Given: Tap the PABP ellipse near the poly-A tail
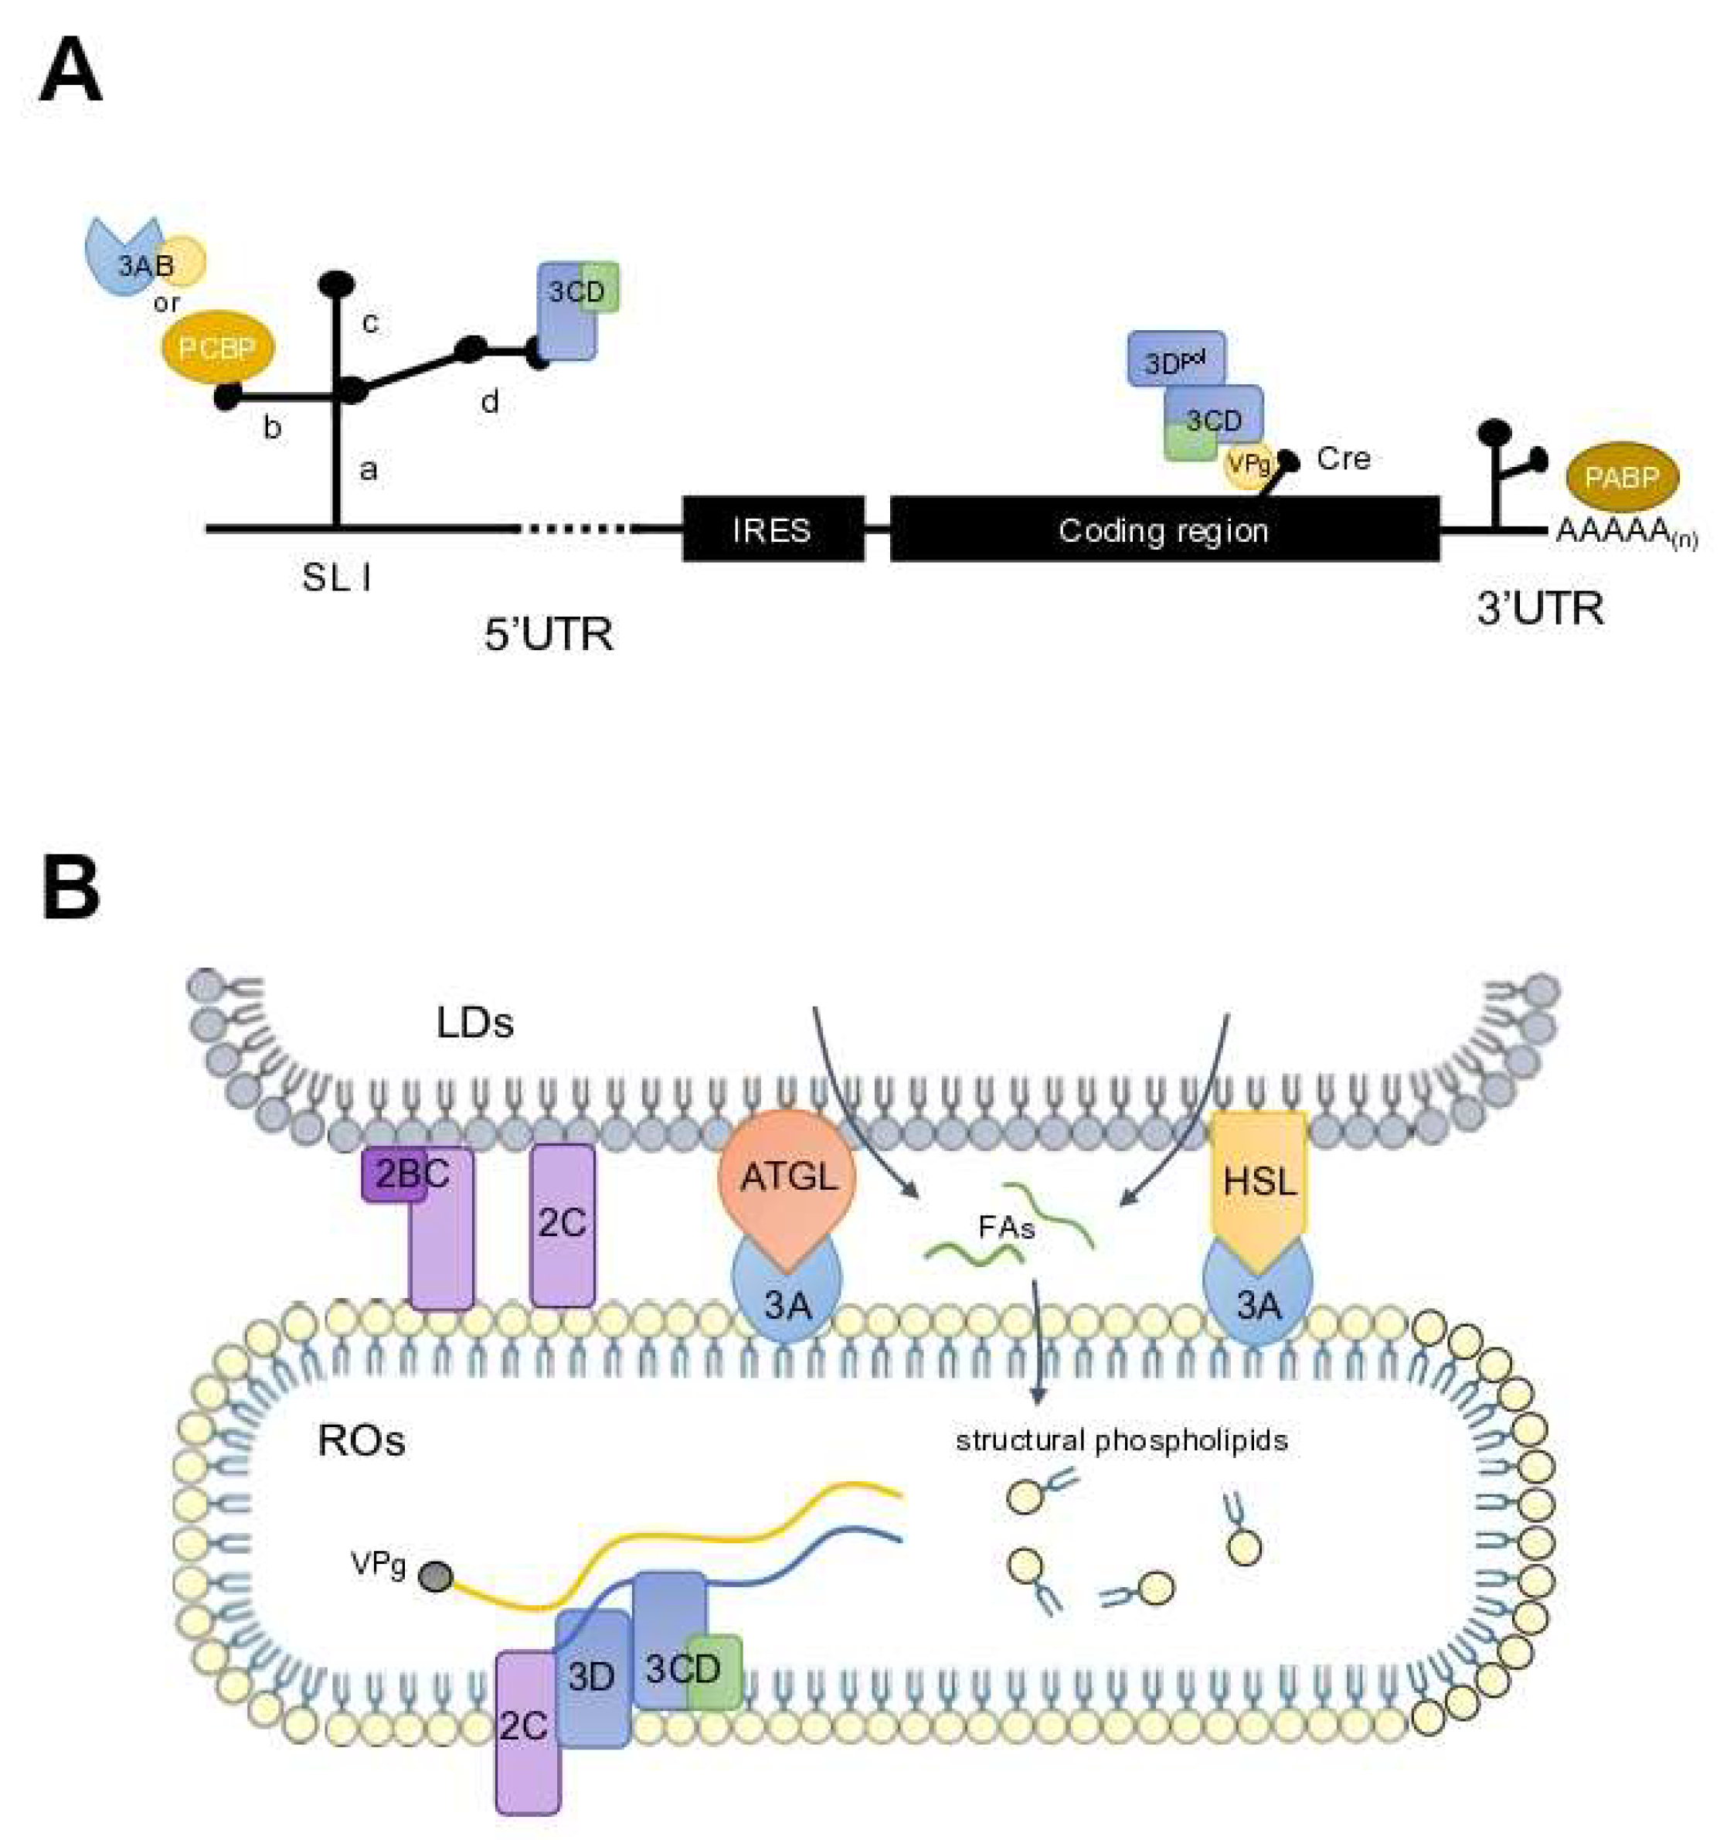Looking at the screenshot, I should pos(1621,478).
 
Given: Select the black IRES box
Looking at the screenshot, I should pos(773,530).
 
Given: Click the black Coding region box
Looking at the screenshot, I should pos(1164,530).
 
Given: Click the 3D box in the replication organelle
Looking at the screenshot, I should pos(590,1677).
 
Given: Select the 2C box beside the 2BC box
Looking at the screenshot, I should pos(562,1224).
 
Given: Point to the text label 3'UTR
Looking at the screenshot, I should pos(1540,609).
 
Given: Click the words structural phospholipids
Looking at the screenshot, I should pos(1121,1441).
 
